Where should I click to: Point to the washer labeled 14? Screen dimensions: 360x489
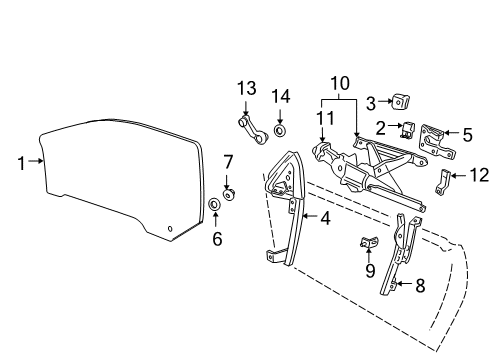pyautogui.click(x=279, y=130)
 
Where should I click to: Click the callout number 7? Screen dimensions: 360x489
pyautogui.click(x=227, y=161)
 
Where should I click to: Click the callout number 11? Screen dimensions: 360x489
pyautogui.click(x=322, y=119)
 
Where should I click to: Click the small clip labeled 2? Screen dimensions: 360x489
pyautogui.click(x=408, y=130)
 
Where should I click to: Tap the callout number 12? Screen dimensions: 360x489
pyautogui.click(x=479, y=176)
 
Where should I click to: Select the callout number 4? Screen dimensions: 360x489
pyautogui.click(x=325, y=215)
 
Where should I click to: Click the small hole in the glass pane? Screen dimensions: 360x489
pyautogui.click(x=170, y=229)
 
